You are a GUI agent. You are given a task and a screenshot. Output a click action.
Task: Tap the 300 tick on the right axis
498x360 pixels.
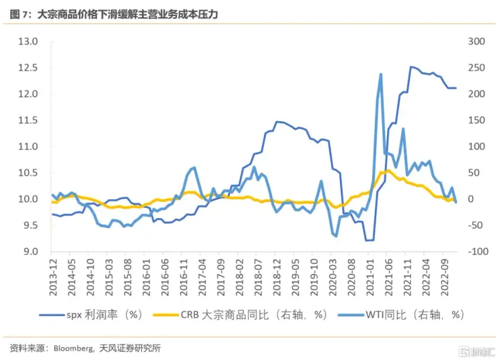(476, 42)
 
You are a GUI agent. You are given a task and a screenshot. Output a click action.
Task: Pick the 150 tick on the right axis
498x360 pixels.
(476, 120)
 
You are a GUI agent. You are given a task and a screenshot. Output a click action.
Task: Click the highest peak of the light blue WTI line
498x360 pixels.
(381, 74)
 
